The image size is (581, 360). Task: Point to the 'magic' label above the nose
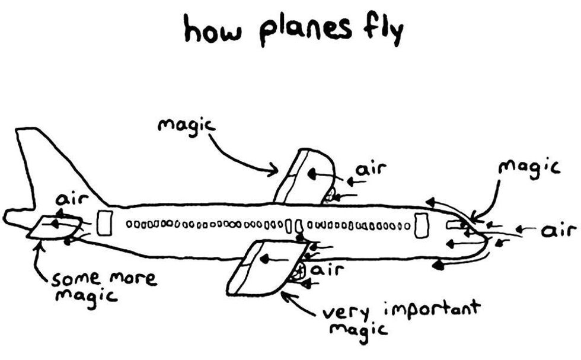coord(529,167)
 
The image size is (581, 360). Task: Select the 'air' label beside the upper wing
coord(371,170)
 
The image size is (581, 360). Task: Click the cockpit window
coord(455,224)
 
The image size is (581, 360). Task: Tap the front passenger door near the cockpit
coord(421,225)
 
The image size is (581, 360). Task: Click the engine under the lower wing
coord(298,272)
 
